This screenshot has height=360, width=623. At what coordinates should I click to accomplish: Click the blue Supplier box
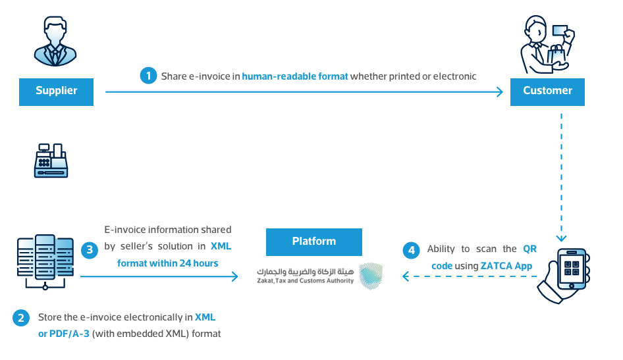point(56,91)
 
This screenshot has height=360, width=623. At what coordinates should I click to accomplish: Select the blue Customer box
point(547,91)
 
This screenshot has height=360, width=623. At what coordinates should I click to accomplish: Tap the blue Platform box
point(314,242)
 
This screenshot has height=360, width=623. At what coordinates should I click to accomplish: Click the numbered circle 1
point(148,76)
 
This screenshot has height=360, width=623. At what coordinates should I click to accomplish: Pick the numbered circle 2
point(20,318)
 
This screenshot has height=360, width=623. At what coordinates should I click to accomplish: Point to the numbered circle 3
point(90,250)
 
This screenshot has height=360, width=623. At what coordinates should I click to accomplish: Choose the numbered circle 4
point(411,251)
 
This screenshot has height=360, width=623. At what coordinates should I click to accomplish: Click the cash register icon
point(51,161)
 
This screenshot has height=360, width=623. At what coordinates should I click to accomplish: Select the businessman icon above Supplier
point(55,41)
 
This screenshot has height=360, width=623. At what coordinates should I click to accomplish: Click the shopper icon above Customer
point(547,45)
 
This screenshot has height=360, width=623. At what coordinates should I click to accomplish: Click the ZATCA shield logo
point(371,276)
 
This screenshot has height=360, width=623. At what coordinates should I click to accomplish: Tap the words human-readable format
point(295,76)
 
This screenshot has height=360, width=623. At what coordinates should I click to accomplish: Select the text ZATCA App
point(506,266)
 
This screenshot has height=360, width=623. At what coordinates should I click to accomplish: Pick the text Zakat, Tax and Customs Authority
point(305,280)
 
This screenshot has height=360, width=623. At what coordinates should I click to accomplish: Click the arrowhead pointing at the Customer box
point(500,92)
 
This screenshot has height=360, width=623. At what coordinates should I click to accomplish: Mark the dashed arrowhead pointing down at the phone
point(561,238)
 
